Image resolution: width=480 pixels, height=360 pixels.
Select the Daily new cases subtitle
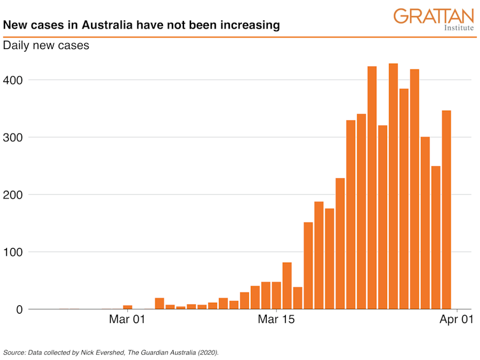click(x=46, y=46)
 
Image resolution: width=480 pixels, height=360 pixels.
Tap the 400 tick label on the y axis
click(x=15, y=80)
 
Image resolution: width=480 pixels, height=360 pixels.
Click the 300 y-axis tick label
click(x=15, y=137)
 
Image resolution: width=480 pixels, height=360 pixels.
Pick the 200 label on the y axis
click(x=15, y=195)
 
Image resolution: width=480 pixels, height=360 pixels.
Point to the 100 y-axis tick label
click(x=15, y=252)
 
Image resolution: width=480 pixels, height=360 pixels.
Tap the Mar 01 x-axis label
click(x=127, y=320)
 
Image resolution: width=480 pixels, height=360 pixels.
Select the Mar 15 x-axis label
click(x=276, y=320)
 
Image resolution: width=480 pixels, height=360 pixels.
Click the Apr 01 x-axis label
click(x=457, y=320)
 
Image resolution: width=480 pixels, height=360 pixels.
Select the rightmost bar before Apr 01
click(x=446, y=210)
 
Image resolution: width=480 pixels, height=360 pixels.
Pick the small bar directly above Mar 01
click(x=127, y=307)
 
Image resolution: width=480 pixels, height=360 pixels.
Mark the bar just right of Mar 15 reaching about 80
click(x=287, y=286)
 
